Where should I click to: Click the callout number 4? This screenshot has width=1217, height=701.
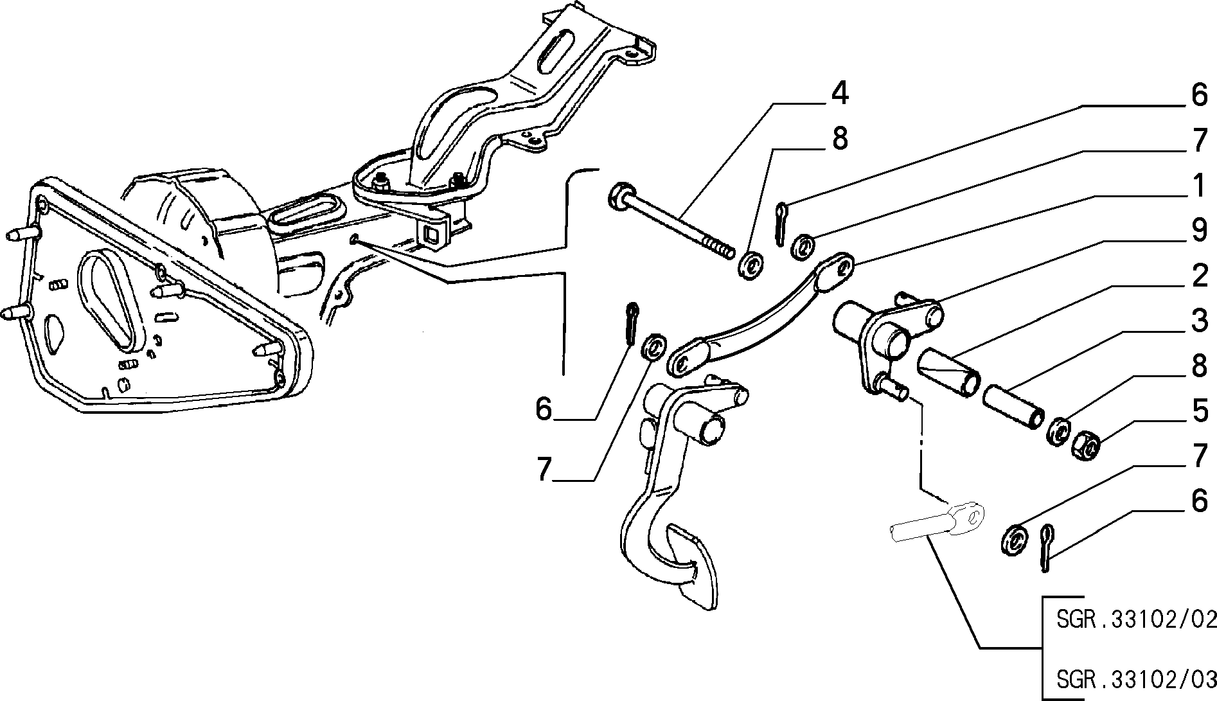[x=840, y=94]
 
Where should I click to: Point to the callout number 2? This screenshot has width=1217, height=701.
[x=1199, y=276]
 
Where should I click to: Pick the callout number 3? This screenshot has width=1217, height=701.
[x=1199, y=321]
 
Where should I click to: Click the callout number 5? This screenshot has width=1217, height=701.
[x=1199, y=412]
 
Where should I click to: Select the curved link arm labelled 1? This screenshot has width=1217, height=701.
[x=759, y=313]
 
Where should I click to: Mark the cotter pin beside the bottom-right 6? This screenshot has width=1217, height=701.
[x=1047, y=547]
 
